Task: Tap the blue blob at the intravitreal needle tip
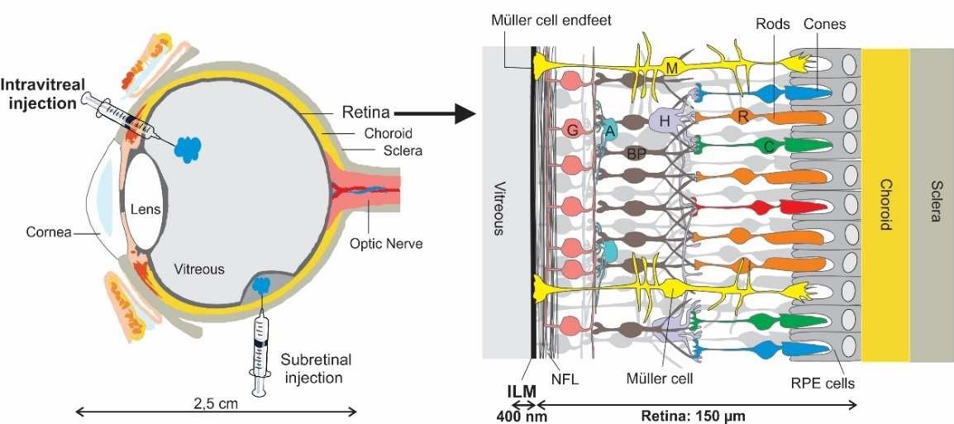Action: tap(188, 149)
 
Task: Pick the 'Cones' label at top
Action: tap(824, 24)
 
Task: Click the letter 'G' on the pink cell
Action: tap(570, 130)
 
